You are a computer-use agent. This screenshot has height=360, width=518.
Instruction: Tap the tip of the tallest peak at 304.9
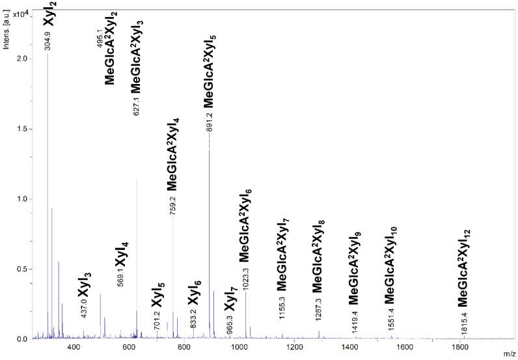pyautogui.click(x=48, y=53)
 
